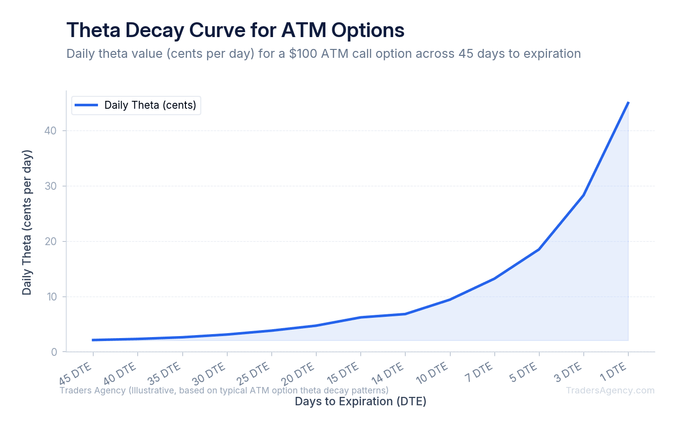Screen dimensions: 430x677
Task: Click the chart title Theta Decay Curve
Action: [x=235, y=30]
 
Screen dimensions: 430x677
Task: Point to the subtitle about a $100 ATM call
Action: [x=323, y=53]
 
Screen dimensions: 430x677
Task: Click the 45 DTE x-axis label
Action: [x=76, y=373]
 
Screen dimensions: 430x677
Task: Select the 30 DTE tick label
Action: [x=209, y=373]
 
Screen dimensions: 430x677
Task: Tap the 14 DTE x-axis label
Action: [x=387, y=373]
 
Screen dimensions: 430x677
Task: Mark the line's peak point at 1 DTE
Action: [x=628, y=102]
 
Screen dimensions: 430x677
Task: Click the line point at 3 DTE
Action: [x=584, y=195]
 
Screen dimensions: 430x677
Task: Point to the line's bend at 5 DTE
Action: [x=539, y=249]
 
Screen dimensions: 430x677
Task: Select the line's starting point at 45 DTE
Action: [x=93, y=340]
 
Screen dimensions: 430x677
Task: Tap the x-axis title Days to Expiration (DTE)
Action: [x=361, y=401]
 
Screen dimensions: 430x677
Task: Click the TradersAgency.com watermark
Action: [x=610, y=390]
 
